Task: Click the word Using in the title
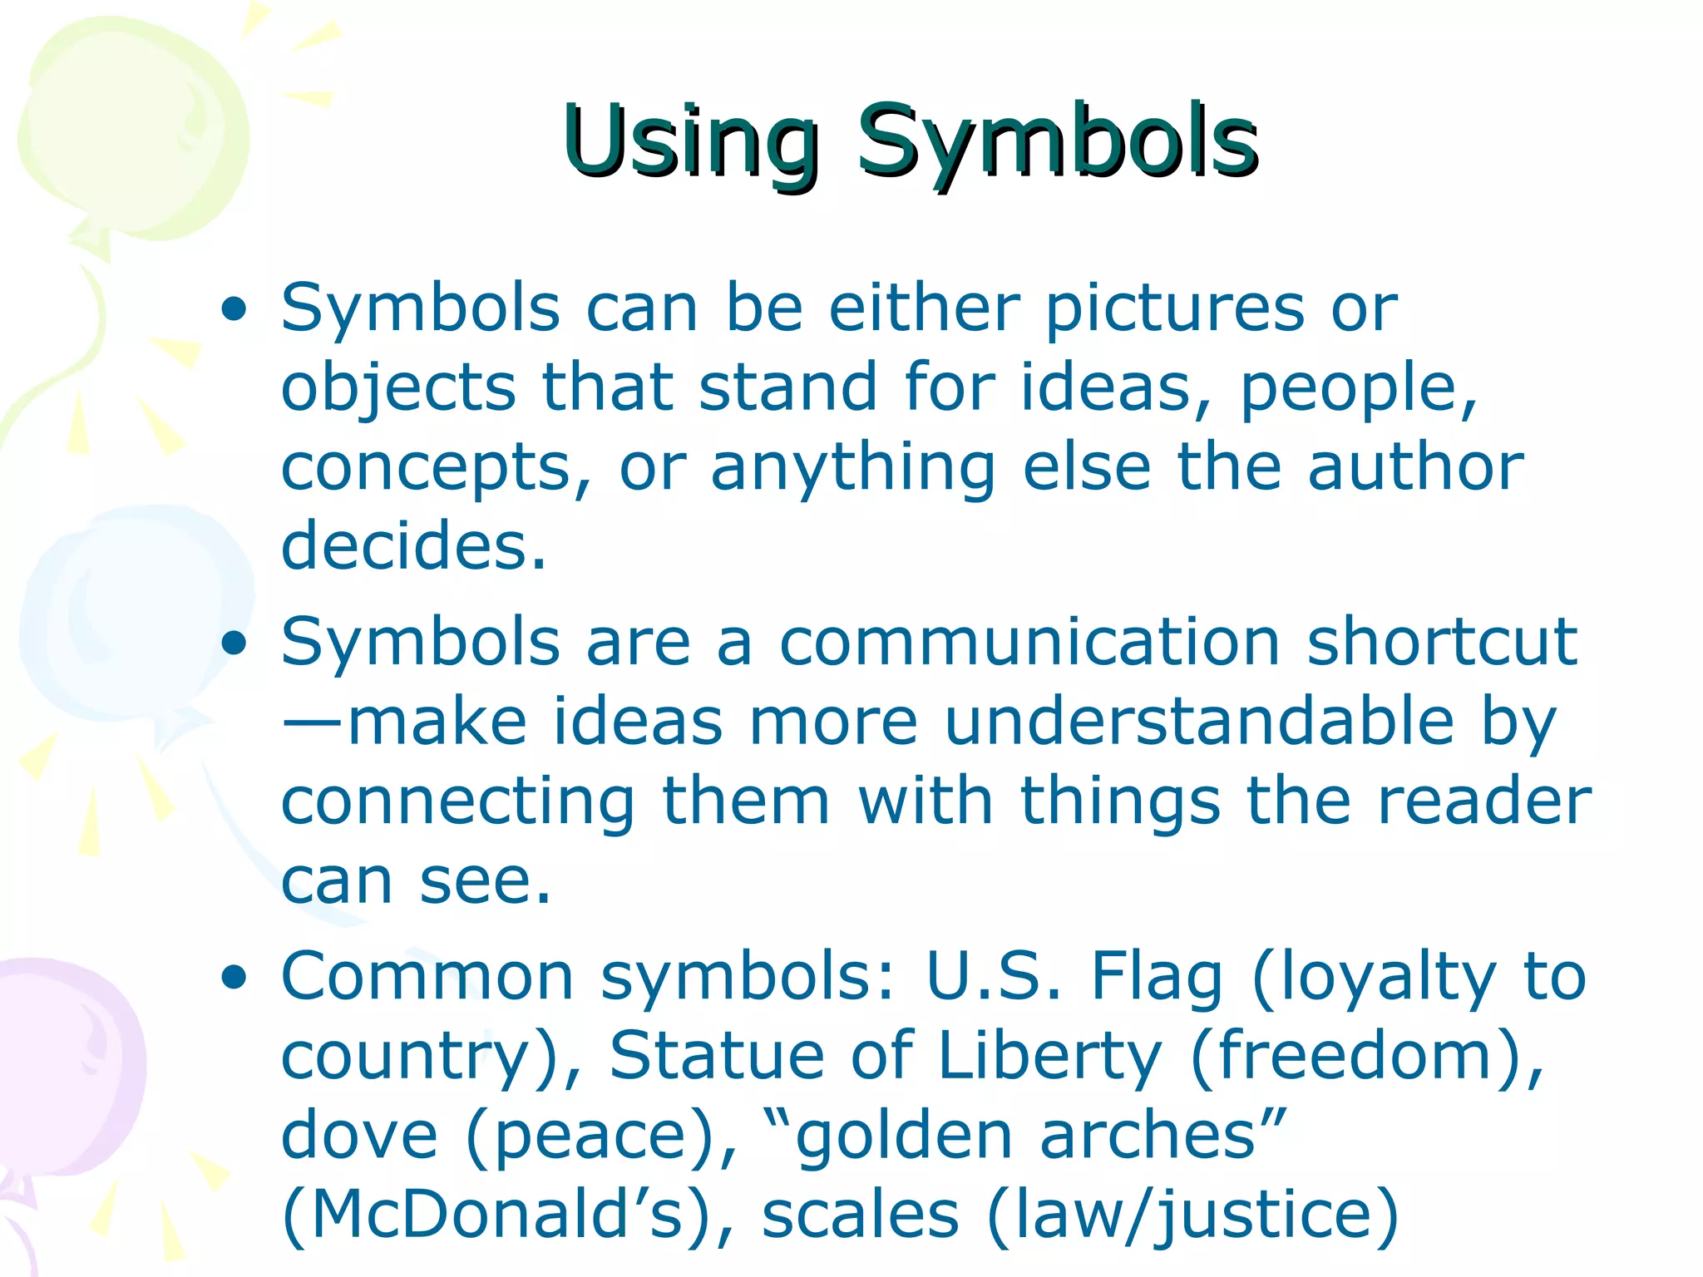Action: [690, 141]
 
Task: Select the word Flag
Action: [1156, 978]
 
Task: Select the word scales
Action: [860, 1215]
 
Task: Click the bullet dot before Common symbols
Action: [234, 978]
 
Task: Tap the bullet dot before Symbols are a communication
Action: [234, 643]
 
